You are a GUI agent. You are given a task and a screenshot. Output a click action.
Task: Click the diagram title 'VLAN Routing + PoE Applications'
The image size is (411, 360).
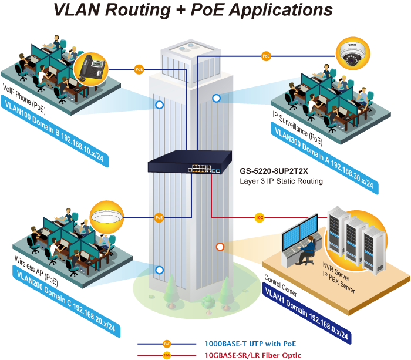193,10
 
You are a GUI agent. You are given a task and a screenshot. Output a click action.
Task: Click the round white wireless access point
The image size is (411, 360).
109,217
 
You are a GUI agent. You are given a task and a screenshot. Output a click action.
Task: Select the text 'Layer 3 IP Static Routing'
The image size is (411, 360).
282,181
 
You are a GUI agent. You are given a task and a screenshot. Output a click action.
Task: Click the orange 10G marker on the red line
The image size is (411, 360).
259,218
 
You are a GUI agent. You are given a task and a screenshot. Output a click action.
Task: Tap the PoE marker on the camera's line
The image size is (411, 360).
266,56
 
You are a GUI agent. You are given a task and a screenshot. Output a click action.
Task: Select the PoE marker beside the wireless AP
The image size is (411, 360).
159,217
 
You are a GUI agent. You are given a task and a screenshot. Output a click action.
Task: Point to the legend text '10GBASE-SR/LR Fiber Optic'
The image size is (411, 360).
253,355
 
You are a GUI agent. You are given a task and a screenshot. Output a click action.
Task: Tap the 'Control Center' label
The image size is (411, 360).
280,285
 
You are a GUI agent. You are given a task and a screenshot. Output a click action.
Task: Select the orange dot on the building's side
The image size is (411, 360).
220,246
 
